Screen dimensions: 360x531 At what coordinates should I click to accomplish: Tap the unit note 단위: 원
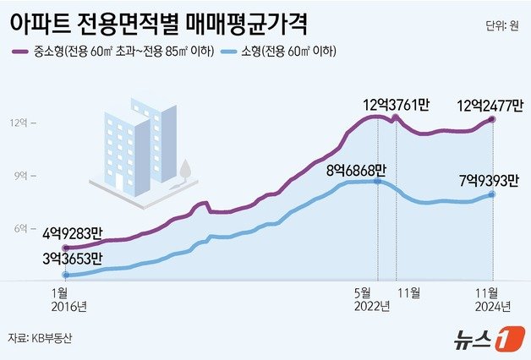tap(502, 25)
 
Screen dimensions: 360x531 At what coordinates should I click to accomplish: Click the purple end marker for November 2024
tap(492, 121)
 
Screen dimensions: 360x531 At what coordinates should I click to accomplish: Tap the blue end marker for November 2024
tap(492, 195)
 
